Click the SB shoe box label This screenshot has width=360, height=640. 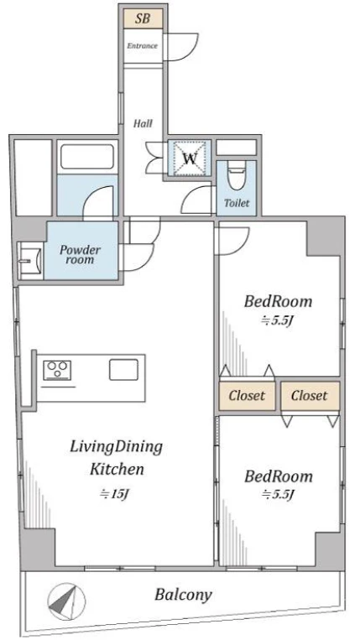coord(143,19)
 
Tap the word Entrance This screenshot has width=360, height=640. coord(142,45)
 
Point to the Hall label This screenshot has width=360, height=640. coord(143,123)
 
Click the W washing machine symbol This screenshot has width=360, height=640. coord(190,158)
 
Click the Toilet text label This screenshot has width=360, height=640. coord(237,203)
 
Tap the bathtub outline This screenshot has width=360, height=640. coord(87,156)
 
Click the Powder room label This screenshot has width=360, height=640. coord(81,255)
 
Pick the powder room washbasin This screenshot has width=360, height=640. coord(30,260)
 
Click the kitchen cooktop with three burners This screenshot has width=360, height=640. coord(57,371)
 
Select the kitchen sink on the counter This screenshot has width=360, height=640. coord(123,369)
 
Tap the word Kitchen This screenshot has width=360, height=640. coord(117,470)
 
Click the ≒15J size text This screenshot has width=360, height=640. coord(115,494)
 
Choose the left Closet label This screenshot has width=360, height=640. coord(247,396)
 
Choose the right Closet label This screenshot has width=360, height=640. coord(310,396)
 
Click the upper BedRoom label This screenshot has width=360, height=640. coord(279,302)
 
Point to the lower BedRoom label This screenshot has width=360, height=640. coord(279,476)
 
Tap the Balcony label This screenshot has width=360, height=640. coord(183,595)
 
